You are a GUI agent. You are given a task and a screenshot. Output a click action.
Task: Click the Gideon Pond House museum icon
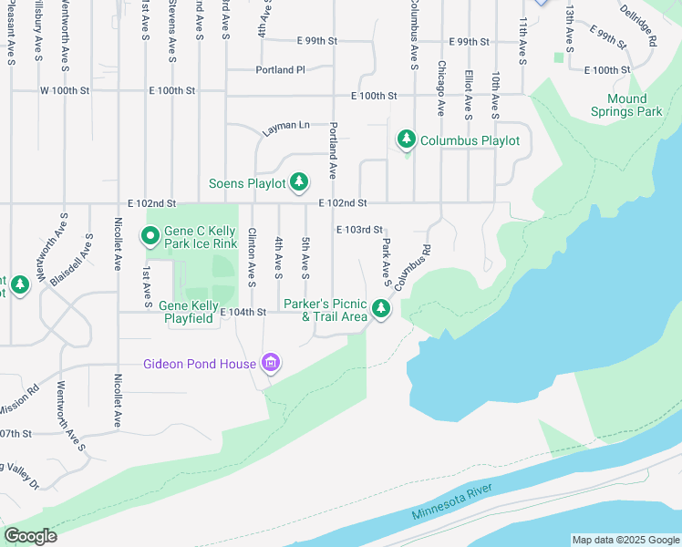point(270,364)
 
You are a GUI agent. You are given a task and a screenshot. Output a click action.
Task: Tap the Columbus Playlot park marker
point(406,140)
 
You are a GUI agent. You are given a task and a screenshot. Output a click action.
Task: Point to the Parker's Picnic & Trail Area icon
point(381,310)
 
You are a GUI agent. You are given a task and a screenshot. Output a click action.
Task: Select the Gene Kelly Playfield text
point(188,312)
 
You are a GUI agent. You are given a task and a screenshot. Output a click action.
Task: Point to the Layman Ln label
point(286,129)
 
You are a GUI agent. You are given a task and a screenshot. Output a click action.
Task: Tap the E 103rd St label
point(358,231)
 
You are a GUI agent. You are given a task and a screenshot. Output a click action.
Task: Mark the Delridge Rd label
point(639,26)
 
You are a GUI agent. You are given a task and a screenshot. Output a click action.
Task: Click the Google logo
point(30,536)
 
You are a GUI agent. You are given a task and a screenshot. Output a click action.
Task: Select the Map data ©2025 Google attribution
point(625,540)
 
